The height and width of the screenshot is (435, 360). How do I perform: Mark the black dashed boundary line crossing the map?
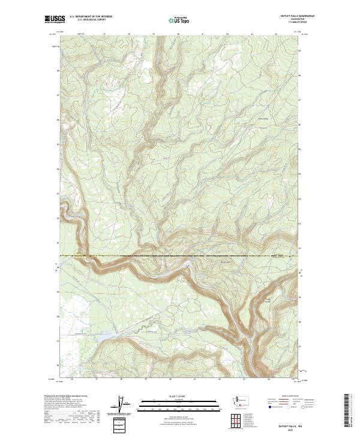180,256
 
